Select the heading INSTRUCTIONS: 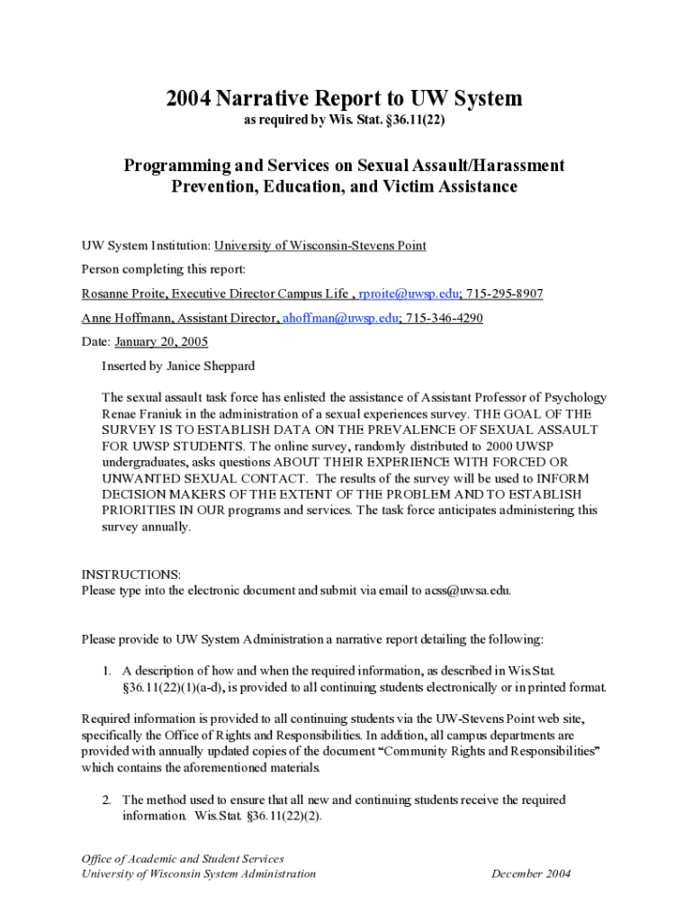tap(131, 574)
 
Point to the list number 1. tap(105, 671)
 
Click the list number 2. tap(105, 800)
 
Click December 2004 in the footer tap(531, 873)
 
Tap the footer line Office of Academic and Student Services tap(183, 858)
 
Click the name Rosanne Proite tap(122, 294)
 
